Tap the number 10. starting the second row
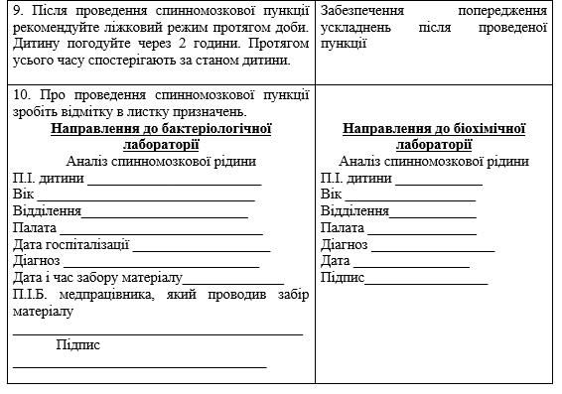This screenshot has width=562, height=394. point(23,94)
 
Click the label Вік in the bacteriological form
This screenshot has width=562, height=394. point(24,195)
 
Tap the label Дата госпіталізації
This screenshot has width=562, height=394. point(70,244)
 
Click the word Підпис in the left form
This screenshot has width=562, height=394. point(78,344)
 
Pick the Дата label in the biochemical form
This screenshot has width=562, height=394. point(337,261)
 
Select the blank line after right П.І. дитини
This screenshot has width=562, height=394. point(439,182)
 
